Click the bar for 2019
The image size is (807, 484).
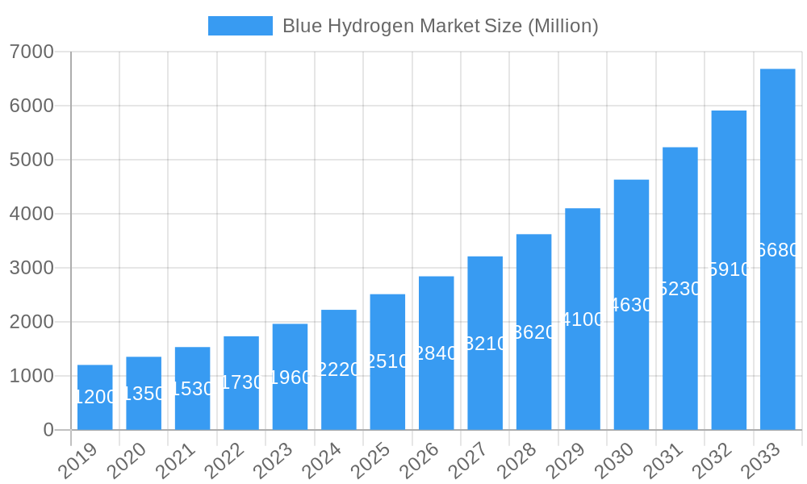tap(95, 397)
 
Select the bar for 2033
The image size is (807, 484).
tap(778, 249)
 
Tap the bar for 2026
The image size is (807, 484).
tap(437, 353)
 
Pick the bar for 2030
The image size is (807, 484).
tap(631, 304)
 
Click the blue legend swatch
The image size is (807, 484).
tap(240, 26)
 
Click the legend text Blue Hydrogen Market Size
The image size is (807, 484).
tap(440, 26)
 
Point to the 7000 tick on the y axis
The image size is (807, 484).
tap(31, 52)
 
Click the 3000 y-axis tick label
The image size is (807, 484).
tap(31, 268)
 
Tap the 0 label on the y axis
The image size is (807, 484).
tap(48, 430)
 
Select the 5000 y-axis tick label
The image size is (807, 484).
tap(31, 160)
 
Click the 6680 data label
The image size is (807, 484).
tap(778, 250)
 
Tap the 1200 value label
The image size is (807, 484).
tap(95, 397)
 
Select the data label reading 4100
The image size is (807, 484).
tap(583, 319)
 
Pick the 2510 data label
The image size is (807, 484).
tap(387, 361)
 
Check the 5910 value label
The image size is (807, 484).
tap(729, 269)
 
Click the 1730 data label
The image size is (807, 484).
tap(241, 382)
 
